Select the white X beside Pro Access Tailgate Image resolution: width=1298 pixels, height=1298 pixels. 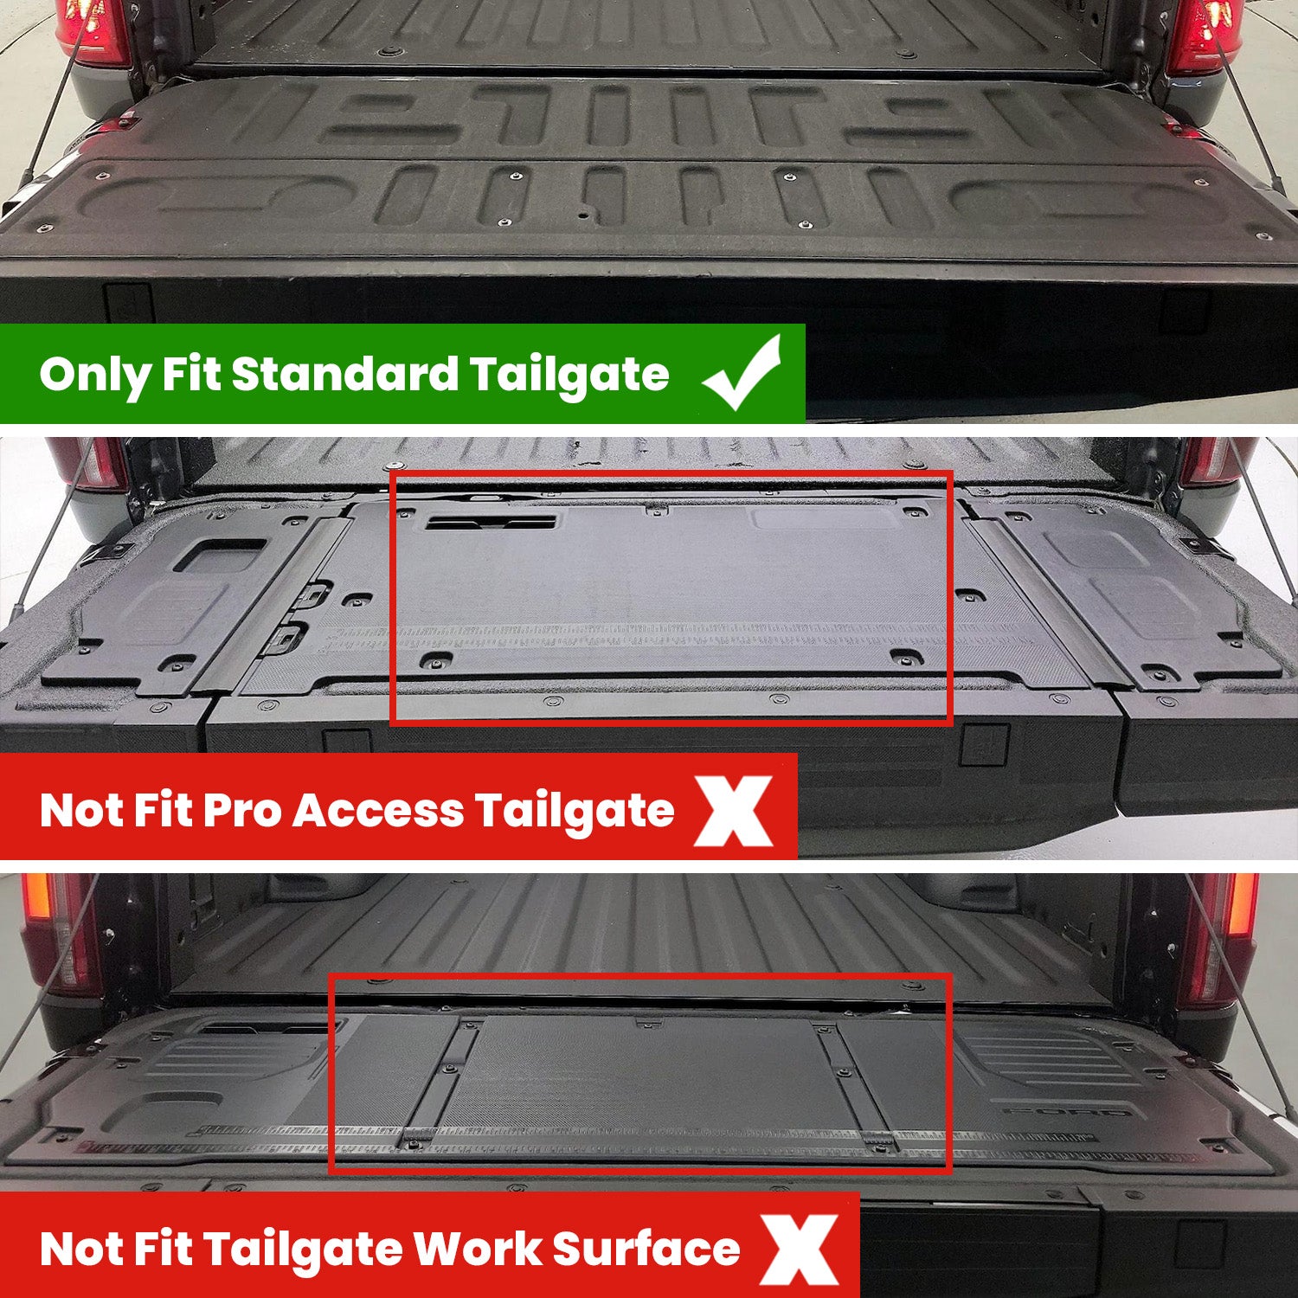coord(735,811)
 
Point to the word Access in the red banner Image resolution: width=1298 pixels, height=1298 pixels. coord(379,812)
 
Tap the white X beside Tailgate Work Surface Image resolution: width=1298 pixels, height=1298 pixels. coord(799,1250)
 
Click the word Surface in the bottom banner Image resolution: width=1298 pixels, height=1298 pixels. coord(646,1250)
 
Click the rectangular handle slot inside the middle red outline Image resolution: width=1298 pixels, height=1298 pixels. coord(491,523)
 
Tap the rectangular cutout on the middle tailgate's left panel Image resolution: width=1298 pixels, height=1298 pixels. coord(221,556)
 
